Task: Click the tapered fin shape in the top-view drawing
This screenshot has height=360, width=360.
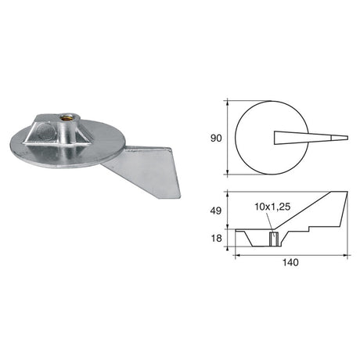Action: tap(305, 138)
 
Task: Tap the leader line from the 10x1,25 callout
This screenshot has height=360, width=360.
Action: tap(272, 222)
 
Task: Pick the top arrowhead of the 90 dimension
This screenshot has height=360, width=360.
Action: tap(227, 101)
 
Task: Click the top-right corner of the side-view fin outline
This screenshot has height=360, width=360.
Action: tap(347, 191)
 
